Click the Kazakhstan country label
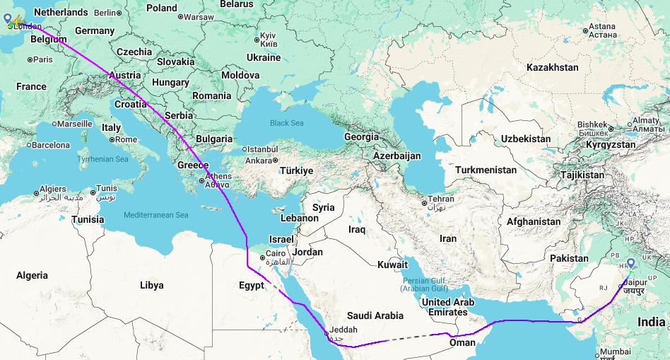[552, 67]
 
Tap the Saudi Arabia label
[375, 315]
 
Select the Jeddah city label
[343, 330]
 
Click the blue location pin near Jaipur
[630, 264]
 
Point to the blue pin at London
[8, 18]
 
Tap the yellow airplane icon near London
[18, 21]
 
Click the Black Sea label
[286, 123]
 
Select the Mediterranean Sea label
[156, 215]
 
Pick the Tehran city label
[441, 199]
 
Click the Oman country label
[462, 342]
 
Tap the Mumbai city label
[616, 352]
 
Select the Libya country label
[151, 285]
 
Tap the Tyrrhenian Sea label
[102, 159]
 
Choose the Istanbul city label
[261, 149]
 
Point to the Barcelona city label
[49, 145]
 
